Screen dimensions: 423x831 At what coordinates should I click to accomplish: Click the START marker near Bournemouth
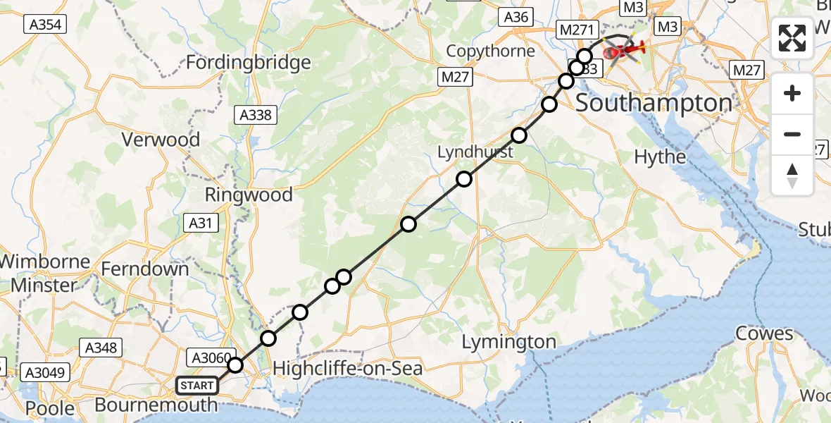pos(196,386)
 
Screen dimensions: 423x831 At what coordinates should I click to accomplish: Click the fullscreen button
pos(792,38)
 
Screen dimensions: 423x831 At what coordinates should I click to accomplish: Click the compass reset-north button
pos(792,176)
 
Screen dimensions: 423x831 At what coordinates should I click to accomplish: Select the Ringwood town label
pos(249,195)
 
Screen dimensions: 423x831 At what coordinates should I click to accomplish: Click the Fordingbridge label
pos(248,62)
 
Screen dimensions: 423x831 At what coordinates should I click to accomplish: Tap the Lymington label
pos(508,342)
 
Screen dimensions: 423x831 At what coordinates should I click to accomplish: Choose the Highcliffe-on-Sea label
pos(347,368)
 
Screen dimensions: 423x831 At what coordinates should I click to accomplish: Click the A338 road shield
pos(256,115)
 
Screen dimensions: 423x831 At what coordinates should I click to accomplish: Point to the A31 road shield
pos(200,223)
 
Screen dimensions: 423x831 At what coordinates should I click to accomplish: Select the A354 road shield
pos(45,25)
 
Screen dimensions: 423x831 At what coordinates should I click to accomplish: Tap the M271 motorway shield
pos(577,30)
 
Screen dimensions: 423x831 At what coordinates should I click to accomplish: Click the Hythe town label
pos(660,157)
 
